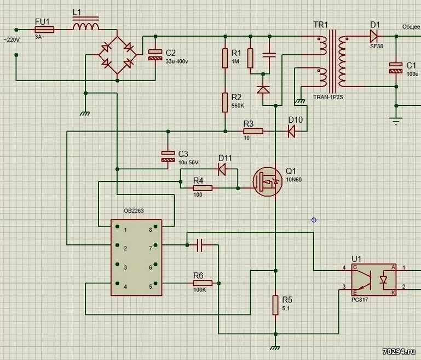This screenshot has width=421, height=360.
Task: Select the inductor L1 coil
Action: tap(86, 27)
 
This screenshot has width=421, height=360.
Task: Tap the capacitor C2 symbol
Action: tap(155, 53)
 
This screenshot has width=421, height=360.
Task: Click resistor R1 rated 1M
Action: tap(225, 58)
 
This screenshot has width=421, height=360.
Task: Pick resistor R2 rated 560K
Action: tap(225, 102)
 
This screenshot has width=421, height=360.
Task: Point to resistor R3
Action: tap(253, 132)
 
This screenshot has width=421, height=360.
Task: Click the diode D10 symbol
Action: tap(291, 132)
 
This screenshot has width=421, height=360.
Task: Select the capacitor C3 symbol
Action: tap(167, 156)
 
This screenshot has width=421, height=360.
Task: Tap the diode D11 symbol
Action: tap(222, 169)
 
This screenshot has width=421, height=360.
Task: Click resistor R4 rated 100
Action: tap(203, 188)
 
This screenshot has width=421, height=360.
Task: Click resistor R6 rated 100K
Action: tap(202, 283)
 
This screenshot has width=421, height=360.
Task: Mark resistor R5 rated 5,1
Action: tap(275, 305)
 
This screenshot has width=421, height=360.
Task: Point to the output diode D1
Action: tap(374, 36)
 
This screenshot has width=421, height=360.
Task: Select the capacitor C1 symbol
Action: tap(395, 68)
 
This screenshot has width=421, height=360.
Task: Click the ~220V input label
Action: tap(13, 40)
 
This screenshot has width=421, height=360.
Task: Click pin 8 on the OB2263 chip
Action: tap(155, 230)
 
